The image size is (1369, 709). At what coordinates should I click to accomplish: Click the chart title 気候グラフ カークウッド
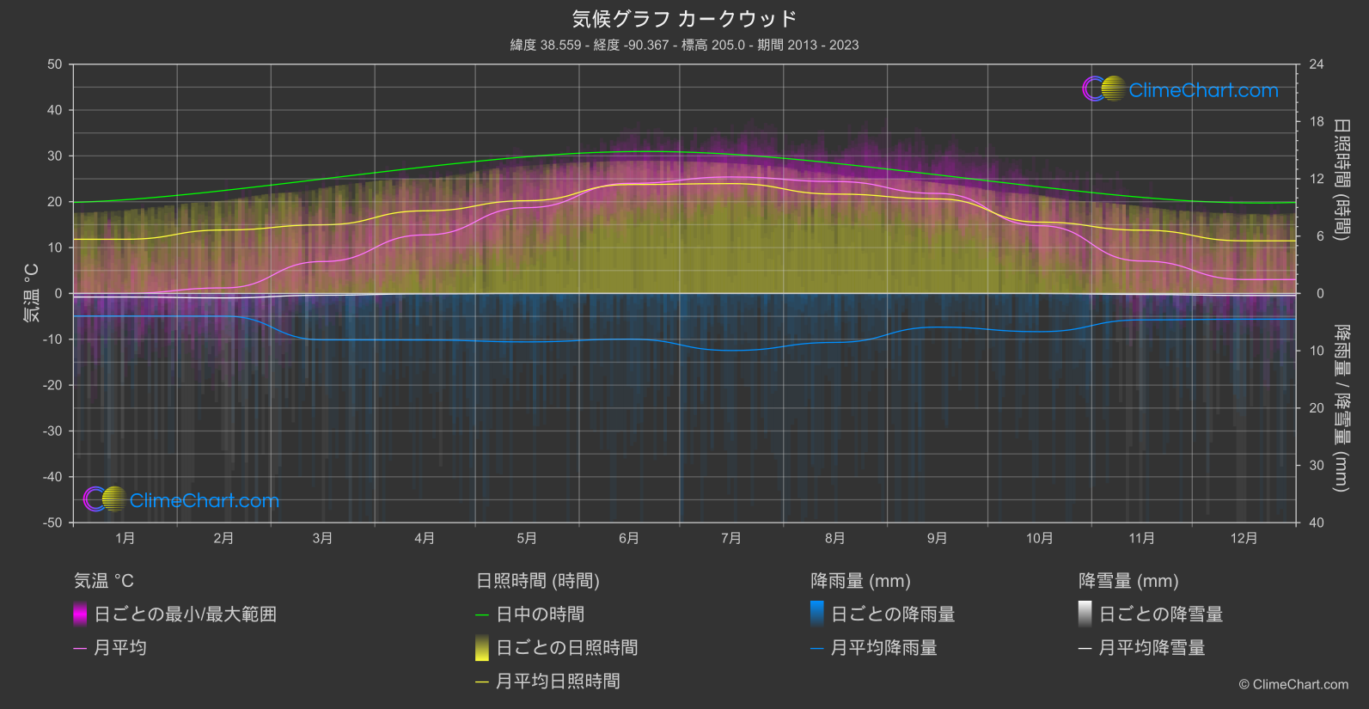[684, 19]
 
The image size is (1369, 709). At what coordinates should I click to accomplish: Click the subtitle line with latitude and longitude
[684, 45]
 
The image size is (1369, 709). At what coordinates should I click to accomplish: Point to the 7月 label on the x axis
[730, 538]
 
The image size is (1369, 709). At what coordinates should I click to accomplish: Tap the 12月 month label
[1244, 538]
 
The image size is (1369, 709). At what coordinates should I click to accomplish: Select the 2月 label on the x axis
[223, 538]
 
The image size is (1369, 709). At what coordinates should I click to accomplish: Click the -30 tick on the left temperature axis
[53, 431]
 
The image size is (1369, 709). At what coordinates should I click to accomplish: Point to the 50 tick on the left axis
[55, 64]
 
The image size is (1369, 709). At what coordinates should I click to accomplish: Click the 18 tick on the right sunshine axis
[1317, 122]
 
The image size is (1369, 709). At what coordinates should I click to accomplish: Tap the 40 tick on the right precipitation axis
[1317, 523]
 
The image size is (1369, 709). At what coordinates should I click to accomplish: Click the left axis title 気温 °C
[31, 293]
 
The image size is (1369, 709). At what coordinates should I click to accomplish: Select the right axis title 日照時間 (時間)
[1341, 179]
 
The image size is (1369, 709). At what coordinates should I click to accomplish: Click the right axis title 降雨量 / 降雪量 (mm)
[1341, 407]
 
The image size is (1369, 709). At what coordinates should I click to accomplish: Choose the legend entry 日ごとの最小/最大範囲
[185, 614]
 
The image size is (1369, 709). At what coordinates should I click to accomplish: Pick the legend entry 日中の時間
[540, 614]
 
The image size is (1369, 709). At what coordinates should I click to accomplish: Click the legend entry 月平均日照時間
[558, 681]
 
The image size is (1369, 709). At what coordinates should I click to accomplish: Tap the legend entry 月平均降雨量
[883, 648]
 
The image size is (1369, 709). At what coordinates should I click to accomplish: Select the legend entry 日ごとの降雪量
[1160, 614]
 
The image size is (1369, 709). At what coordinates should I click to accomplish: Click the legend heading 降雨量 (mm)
[860, 581]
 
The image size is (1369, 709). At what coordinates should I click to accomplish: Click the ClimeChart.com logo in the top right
[1180, 89]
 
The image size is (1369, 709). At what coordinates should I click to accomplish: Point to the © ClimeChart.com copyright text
[1293, 684]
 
